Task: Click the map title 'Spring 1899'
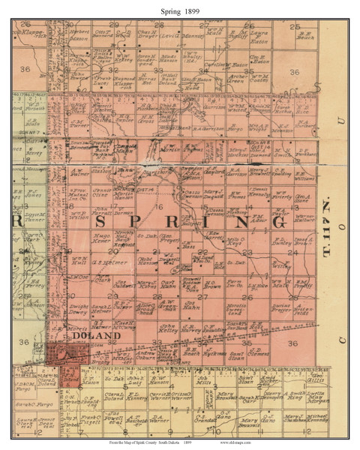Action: point(180,7)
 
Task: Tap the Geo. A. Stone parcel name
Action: point(303,198)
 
